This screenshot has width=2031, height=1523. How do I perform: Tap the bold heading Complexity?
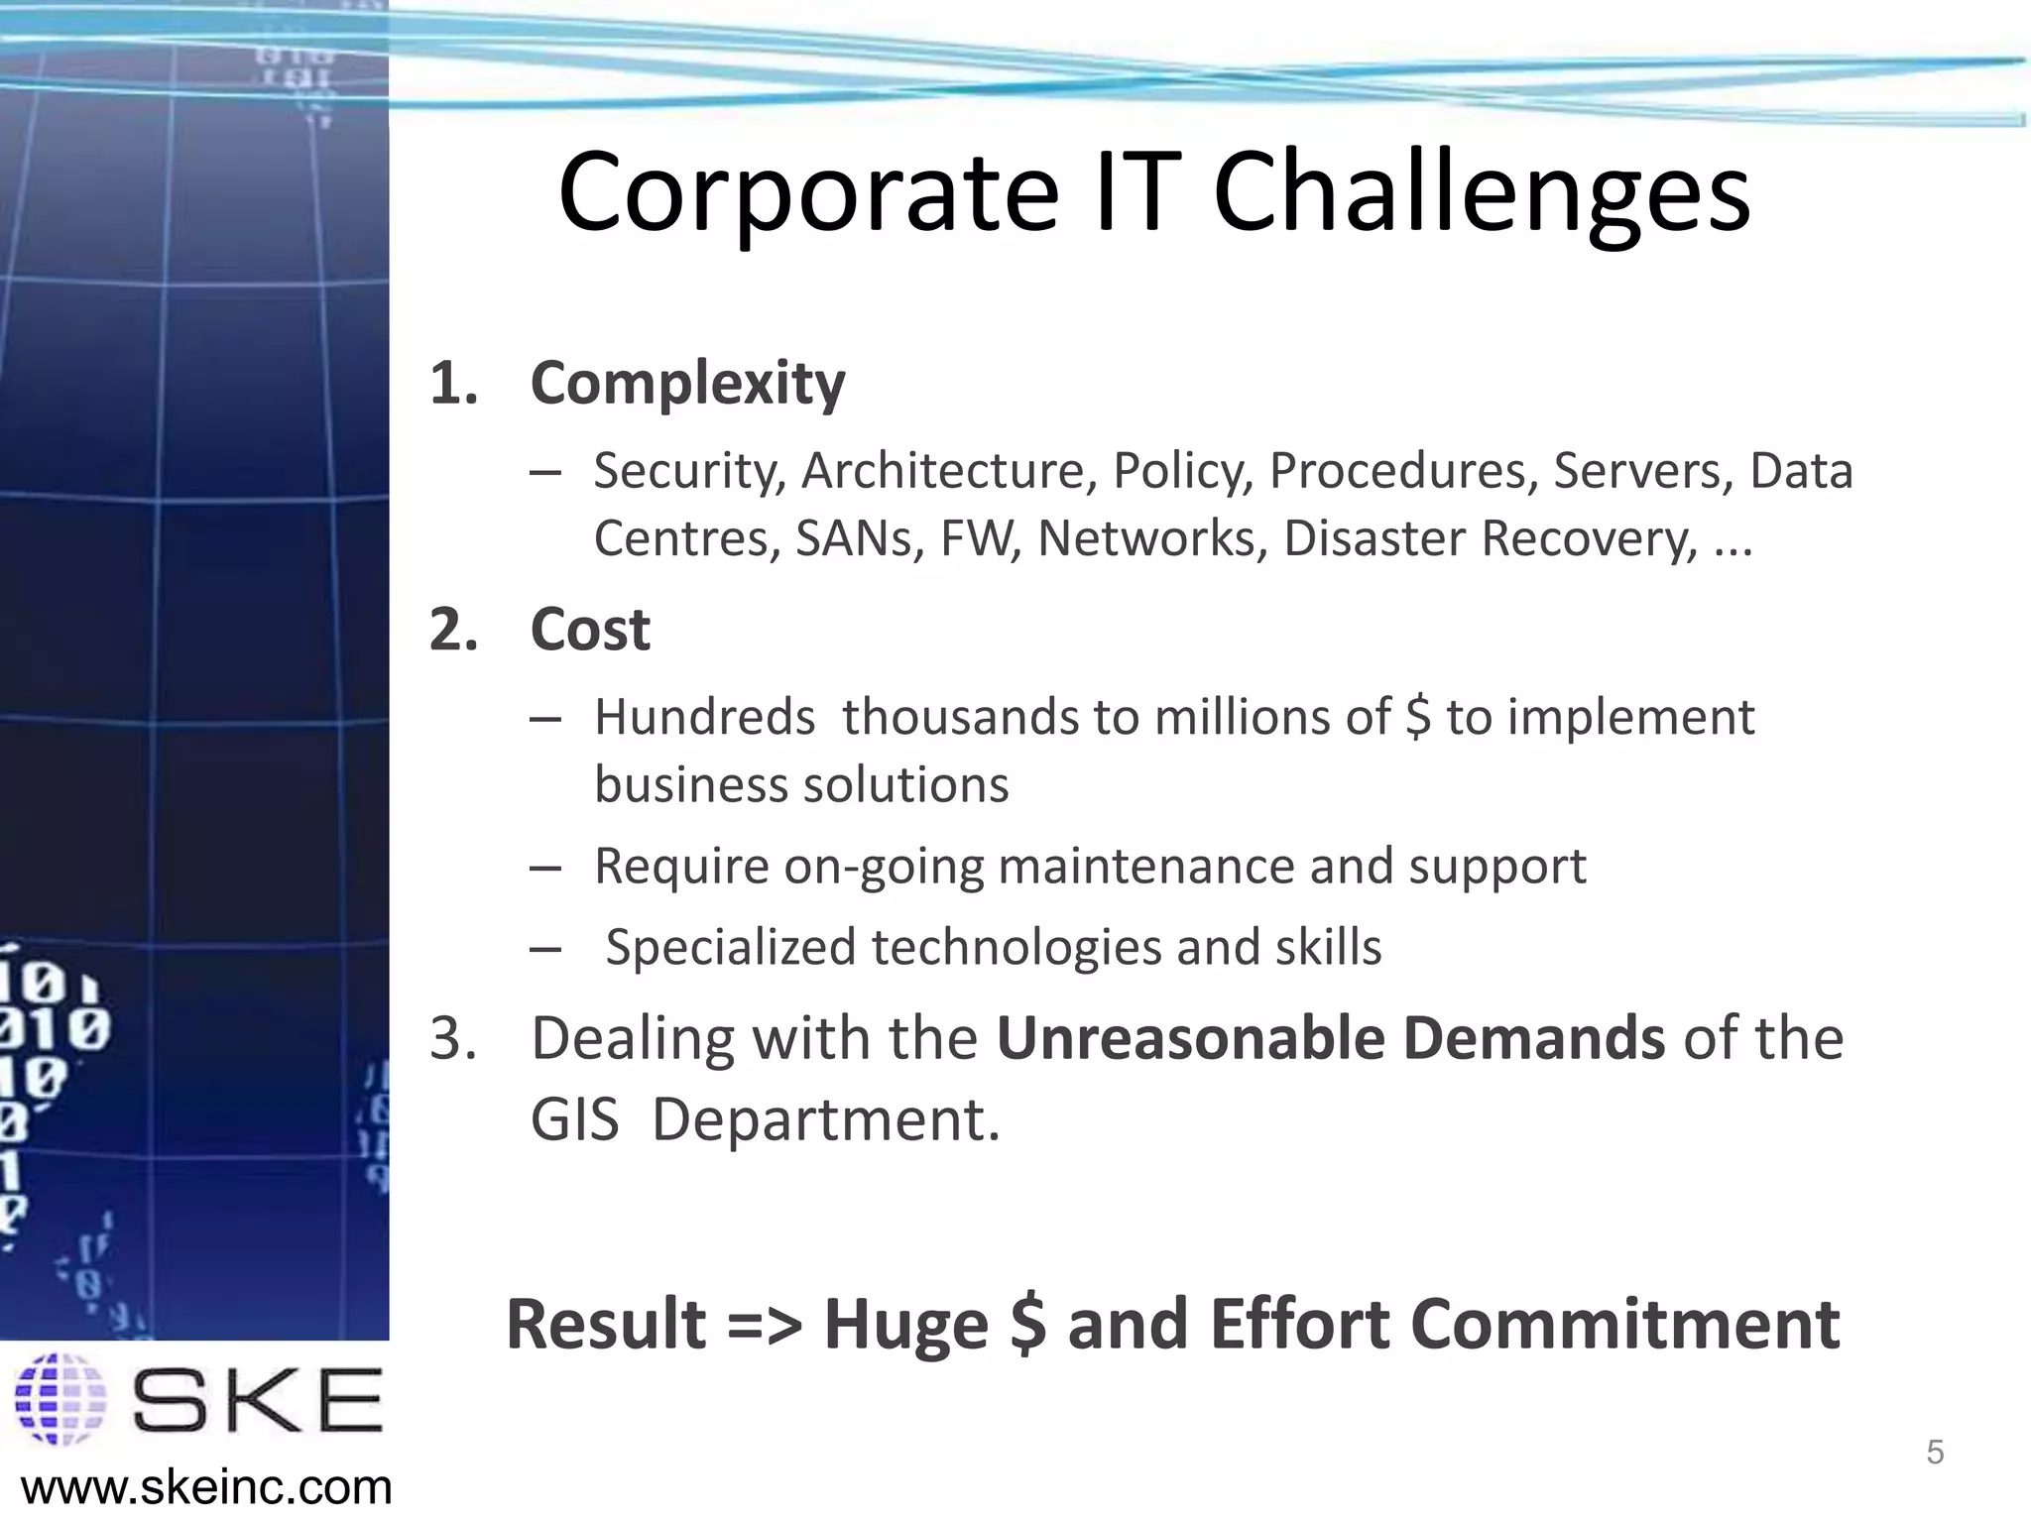point(687,383)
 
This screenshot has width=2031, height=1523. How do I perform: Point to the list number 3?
point(452,1039)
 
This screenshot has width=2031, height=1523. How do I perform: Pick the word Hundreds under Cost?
point(704,717)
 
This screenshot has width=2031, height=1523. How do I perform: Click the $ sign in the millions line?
point(1418,717)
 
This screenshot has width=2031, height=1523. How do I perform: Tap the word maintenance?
point(1145,866)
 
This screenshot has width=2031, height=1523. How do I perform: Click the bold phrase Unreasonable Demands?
point(1330,1039)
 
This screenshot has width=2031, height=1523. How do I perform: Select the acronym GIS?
point(574,1120)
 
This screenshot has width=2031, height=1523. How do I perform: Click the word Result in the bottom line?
point(605,1325)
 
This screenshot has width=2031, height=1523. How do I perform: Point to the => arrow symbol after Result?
point(764,1327)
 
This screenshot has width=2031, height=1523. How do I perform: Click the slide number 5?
point(1934,1453)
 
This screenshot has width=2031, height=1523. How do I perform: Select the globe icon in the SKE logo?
point(61,1399)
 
